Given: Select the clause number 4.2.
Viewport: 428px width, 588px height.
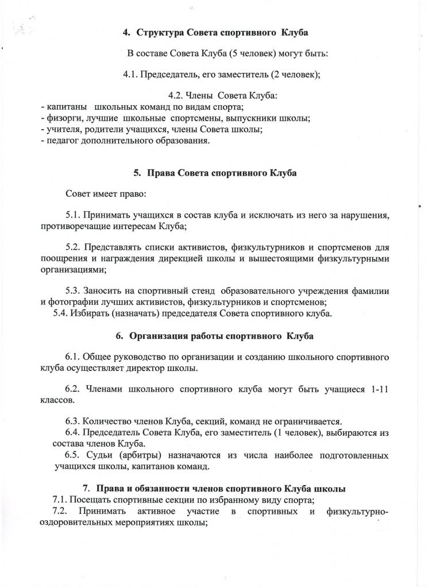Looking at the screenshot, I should point(177,96).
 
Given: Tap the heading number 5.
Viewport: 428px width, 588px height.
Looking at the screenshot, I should point(137,172).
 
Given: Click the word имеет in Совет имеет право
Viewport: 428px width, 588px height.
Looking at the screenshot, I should point(105,194).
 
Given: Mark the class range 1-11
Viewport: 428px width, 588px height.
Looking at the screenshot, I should point(377,389).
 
